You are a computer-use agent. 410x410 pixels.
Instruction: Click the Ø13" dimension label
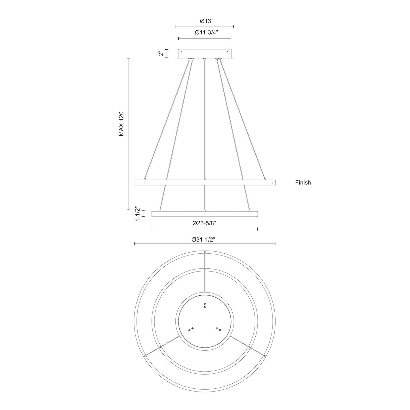tap(205, 21)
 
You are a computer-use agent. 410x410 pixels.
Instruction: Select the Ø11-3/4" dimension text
tap(205, 33)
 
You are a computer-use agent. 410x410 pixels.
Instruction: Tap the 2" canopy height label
tap(161, 53)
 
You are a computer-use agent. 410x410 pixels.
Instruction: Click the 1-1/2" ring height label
tap(138, 214)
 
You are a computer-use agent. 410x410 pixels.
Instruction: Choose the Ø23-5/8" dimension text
tap(205, 223)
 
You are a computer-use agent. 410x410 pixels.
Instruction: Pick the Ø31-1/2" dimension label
tap(204, 239)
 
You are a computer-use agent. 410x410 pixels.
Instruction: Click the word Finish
tap(303, 183)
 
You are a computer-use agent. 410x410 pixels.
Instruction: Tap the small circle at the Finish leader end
tap(273, 183)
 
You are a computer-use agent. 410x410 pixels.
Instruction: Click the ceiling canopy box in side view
tap(205, 53)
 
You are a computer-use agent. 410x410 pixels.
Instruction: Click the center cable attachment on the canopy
tap(205, 59)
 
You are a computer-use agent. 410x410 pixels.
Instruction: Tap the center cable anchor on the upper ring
tap(205, 179)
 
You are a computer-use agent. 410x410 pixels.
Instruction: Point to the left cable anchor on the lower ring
tap(160, 211)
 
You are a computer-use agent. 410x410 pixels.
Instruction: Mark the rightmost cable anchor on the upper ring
tap(265, 179)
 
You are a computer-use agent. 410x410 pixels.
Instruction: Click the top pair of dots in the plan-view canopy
tap(205, 306)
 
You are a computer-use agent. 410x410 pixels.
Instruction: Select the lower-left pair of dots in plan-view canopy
tap(191, 329)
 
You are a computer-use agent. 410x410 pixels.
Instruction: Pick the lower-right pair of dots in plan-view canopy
tap(218, 329)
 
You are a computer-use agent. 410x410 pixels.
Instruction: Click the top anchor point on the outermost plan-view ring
tap(205, 252)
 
